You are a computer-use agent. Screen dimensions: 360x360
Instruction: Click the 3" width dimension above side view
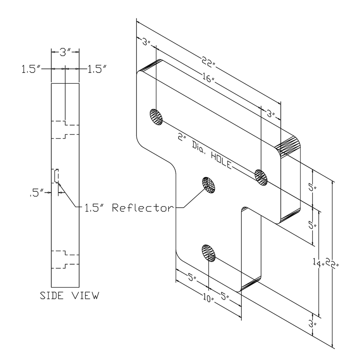click(x=66, y=52)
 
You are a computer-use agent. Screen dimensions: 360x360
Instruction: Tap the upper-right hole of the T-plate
click(x=261, y=175)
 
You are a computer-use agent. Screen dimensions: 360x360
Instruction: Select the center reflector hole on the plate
click(x=208, y=184)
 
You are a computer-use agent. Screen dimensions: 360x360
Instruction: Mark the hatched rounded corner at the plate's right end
click(x=288, y=146)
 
